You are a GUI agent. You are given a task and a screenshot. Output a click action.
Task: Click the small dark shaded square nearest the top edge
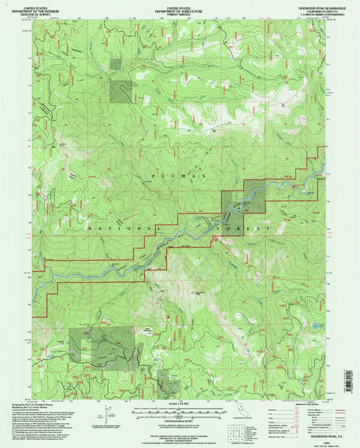click(x=115, y=63)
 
